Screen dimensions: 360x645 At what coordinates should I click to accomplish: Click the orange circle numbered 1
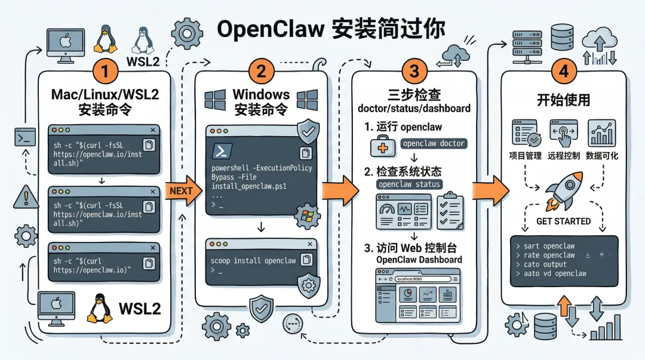point(105,73)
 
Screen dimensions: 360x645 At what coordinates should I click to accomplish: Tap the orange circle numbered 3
point(414,72)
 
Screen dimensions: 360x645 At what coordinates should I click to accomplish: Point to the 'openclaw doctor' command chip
point(434,143)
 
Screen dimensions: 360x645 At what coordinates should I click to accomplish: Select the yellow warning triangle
point(25,196)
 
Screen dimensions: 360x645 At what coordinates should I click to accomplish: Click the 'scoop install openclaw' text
point(253,261)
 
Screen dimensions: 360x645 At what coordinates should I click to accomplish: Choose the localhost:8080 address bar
point(421,279)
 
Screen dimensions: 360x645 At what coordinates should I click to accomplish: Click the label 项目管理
point(525,156)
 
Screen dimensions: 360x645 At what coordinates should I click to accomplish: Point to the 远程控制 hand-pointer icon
point(563,133)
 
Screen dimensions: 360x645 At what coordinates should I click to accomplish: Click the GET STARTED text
point(563,221)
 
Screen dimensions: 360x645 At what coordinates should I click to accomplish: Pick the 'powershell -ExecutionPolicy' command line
point(262,168)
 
